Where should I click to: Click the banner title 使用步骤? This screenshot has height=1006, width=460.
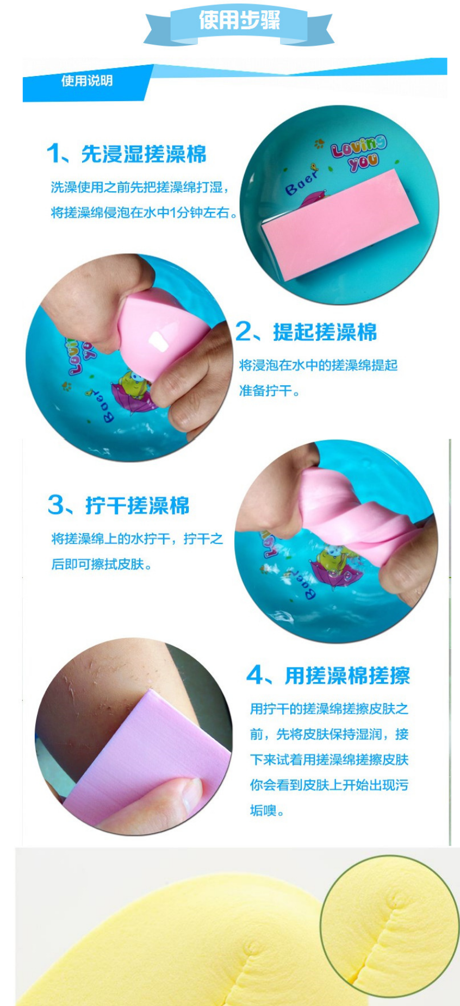239,21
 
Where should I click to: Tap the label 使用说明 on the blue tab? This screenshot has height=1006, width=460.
87,81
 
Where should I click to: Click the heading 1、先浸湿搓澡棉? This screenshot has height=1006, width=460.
127,154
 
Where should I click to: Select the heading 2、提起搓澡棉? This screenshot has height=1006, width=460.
306,332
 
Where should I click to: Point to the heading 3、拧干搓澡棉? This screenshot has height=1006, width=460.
119,505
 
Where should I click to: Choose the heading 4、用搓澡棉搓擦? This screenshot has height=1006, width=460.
328,676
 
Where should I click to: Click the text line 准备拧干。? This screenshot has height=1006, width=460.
270,391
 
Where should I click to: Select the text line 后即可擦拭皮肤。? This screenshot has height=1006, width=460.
102,564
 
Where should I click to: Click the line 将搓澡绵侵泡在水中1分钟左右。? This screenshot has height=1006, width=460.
145,213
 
